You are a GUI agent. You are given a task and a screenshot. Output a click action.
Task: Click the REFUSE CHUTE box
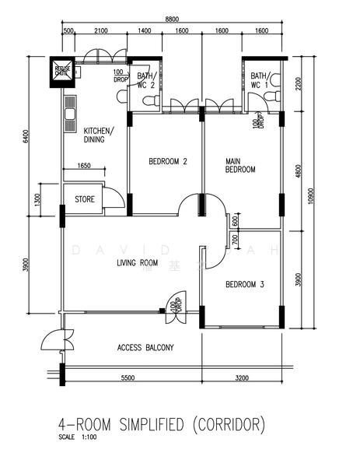[x=62, y=71]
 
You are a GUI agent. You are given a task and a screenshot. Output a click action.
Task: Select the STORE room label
[x=85, y=199]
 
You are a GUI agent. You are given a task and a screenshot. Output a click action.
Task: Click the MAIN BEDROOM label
[x=239, y=165]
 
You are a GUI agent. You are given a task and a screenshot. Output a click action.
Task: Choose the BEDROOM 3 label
[x=245, y=285]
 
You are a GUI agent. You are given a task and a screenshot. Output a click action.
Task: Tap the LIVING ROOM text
[x=137, y=263]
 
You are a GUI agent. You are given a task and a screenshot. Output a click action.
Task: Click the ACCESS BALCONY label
[x=145, y=347]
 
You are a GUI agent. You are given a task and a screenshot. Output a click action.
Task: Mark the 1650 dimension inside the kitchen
[x=84, y=166]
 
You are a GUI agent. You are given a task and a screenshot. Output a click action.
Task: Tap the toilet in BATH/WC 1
[x=270, y=96]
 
